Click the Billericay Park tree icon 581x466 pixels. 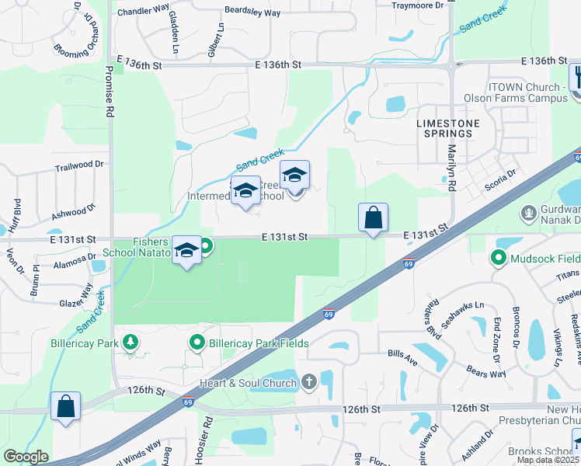[x=131, y=342]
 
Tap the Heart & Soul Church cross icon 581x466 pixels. [x=309, y=382]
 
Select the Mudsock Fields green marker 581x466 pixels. [x=497, y=257]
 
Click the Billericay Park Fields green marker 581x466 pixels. [x=197, y=343]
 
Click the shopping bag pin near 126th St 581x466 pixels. [x=65, y=406]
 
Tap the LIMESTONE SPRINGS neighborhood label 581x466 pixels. [x=448, y=128]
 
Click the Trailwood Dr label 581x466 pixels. [x=78, y=165]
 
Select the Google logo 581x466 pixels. [x=26, y=457]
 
